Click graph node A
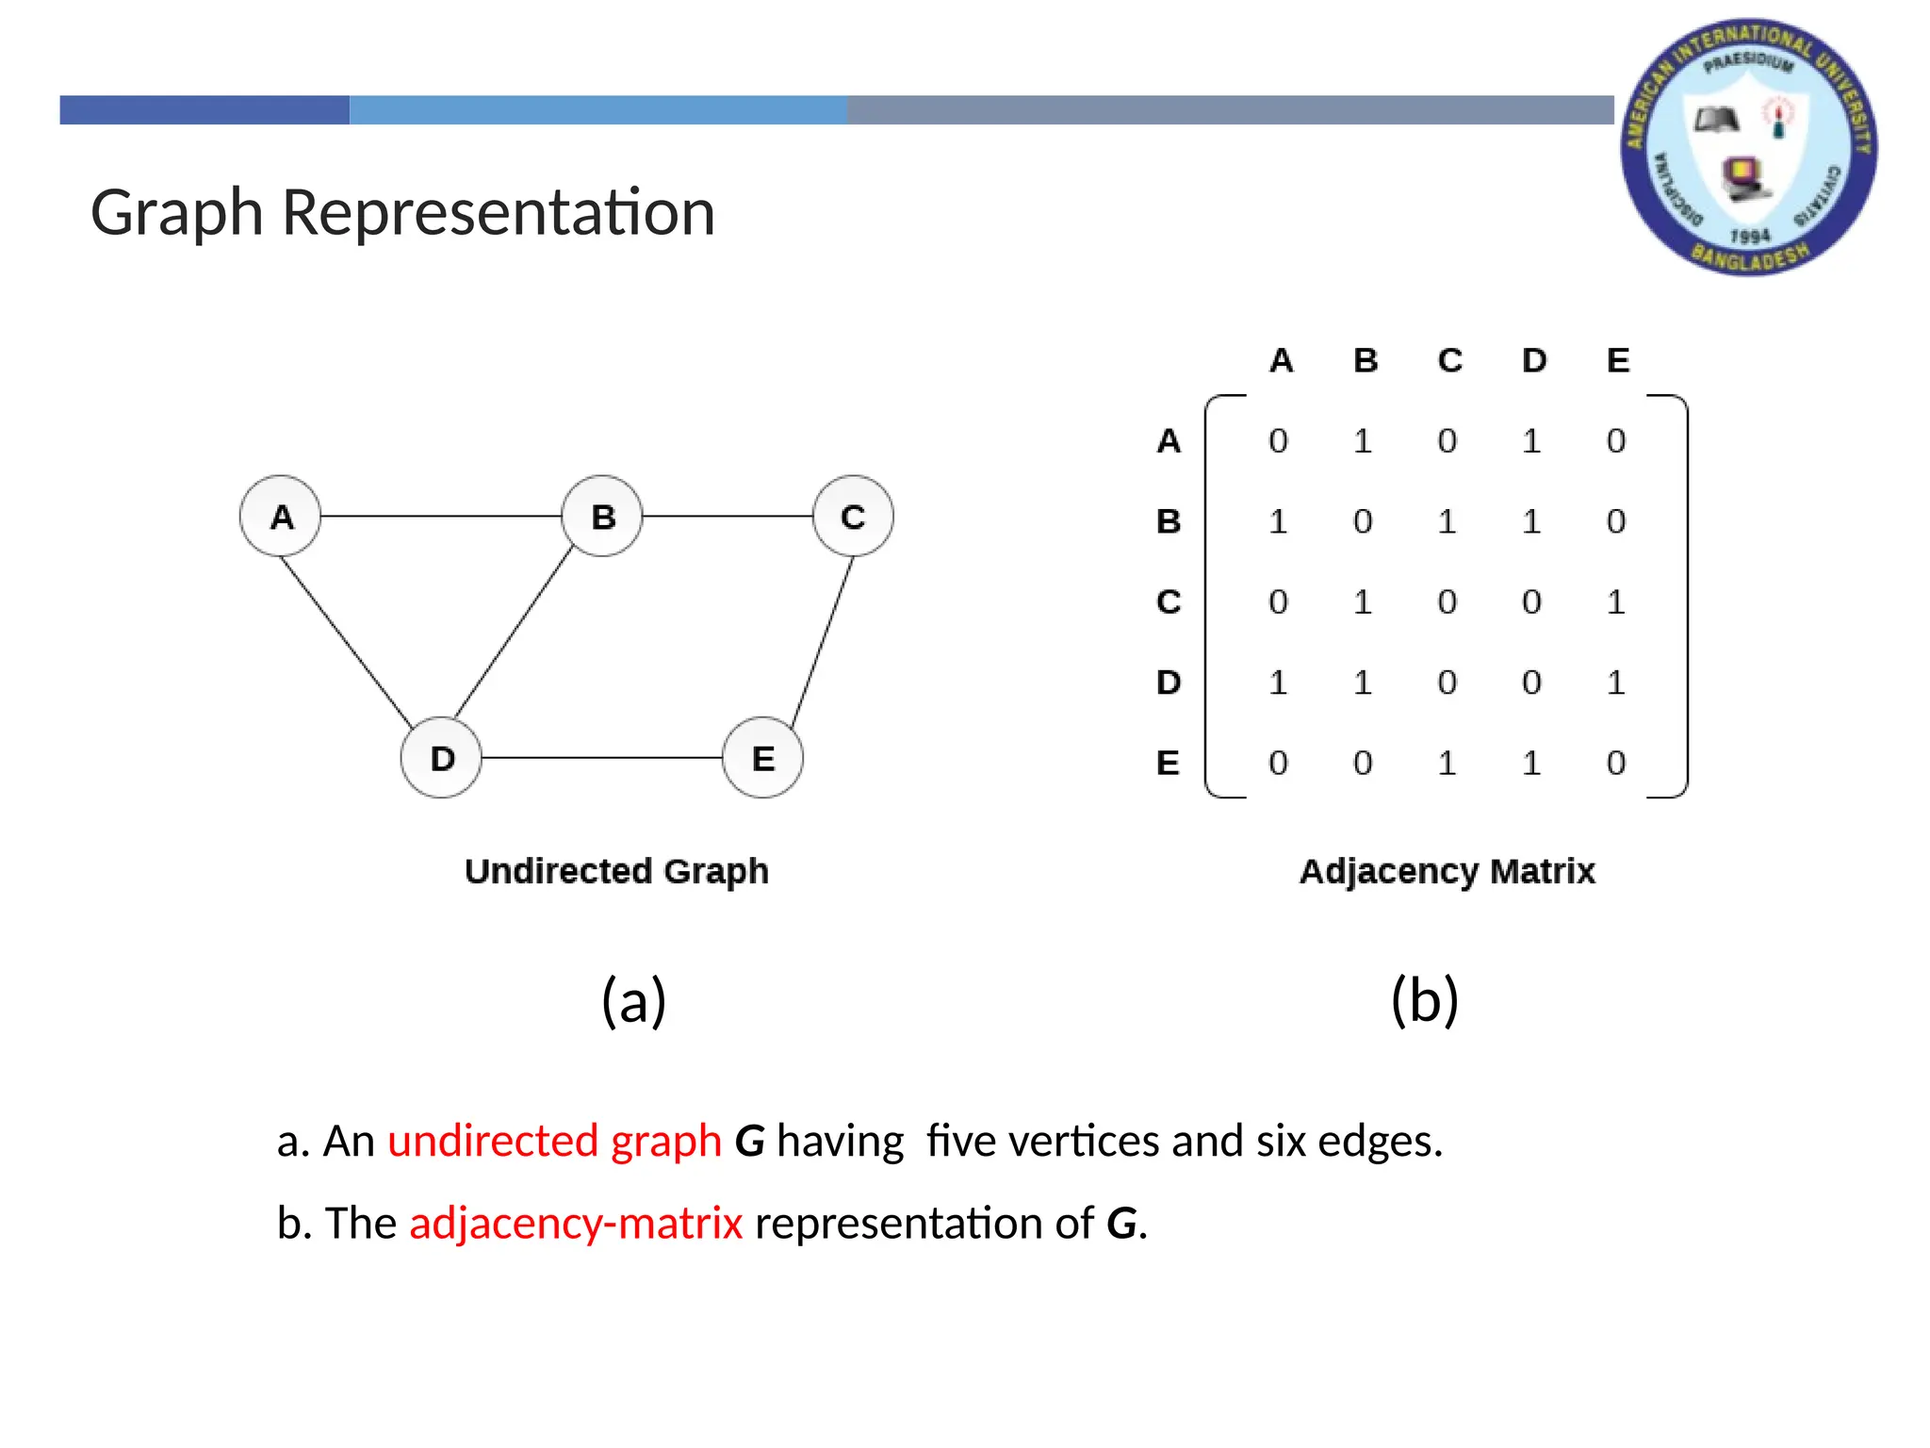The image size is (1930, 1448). pos(280,516)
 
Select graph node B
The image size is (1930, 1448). pos(602,516)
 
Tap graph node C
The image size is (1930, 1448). pos(853,516)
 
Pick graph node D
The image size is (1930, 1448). pos(441,757)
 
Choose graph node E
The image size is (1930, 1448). pos(762,757)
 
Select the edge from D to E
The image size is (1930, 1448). pos(601,757)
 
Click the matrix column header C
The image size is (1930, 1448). pos(1449,360)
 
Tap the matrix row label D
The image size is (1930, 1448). pos(1169,682)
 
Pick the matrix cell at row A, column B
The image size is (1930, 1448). pos(1363,440)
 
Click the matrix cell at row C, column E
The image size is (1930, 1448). pos(1616,601)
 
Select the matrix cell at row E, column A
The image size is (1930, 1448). pos(1278,762)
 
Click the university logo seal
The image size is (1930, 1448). pos(1748,147)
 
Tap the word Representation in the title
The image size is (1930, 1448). pos(499,212)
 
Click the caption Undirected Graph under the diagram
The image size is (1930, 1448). pos(616,871)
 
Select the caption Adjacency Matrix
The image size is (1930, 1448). pos(1447,871)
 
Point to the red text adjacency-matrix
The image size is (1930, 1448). pos(576,1223)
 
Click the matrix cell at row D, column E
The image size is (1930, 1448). pos(1616,682)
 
